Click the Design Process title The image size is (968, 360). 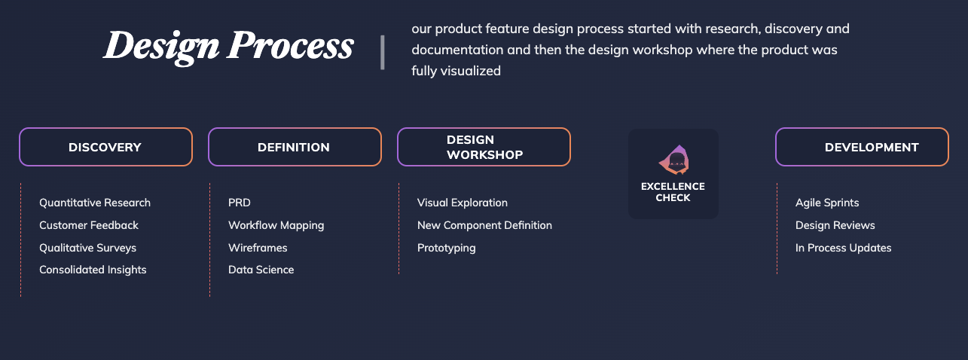tap(228, 46)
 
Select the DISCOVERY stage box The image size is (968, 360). tap(105, 147)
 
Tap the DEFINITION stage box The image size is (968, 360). tap(295, 147)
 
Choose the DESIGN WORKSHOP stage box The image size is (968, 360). tap(484, 147)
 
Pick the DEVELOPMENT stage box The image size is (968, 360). tap(862, 147)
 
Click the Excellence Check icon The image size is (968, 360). tap(673, 160)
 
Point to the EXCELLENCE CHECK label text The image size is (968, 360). tap(673, 192)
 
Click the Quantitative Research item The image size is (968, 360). tap(95, 203)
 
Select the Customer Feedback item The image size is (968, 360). tap(89, 225)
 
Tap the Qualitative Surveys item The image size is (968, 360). tap(87, 248)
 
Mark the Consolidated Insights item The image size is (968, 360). tap(93, 270)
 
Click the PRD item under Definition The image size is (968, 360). tap(240, 203)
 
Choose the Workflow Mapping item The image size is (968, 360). tap(276, 226)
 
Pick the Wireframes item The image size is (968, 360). tap(258, 248)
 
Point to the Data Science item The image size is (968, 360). tap(261, 270)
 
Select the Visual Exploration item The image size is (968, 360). tap(463, 203)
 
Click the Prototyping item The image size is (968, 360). tap(447, 248)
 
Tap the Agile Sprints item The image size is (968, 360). tap(827, 203)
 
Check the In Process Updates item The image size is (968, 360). tap(844, 248)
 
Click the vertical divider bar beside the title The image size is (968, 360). tap(383, 52)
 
